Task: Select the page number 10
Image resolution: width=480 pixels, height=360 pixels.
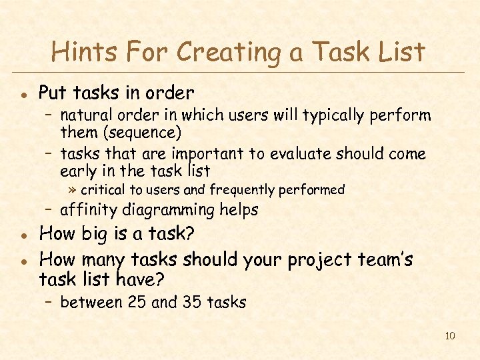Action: (449, 335)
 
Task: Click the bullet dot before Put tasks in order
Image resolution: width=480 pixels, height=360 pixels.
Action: (23, 93)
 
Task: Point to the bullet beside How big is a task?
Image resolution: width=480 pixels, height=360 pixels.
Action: (23, 235)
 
